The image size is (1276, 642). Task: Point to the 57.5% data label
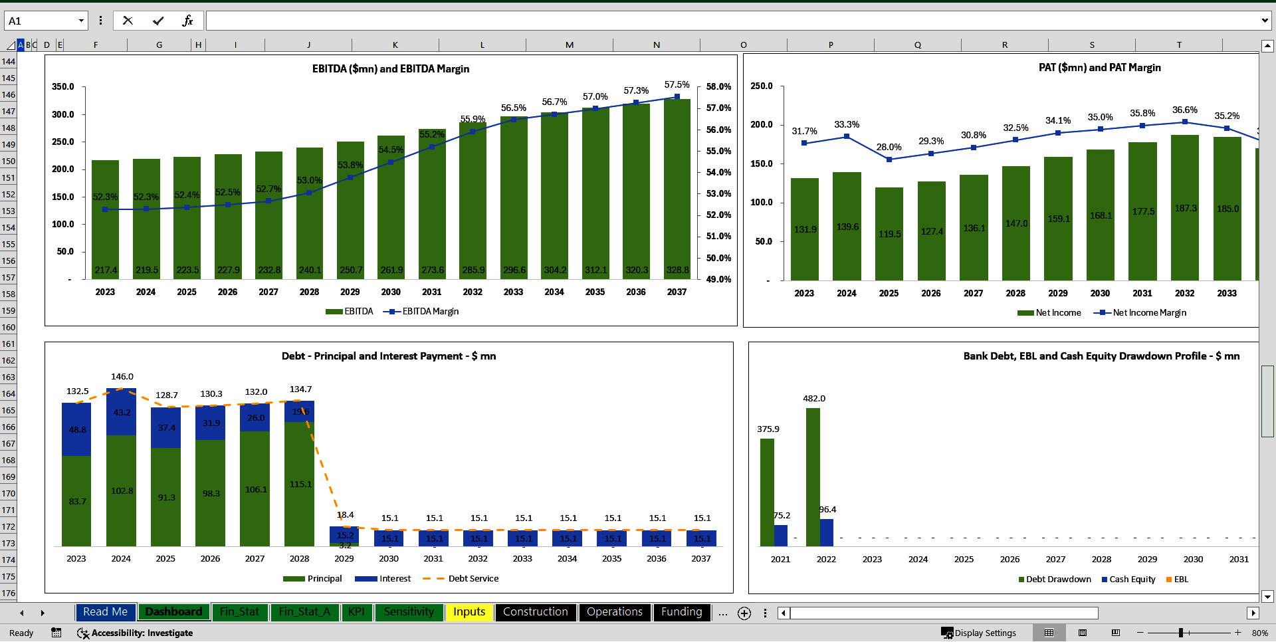(x=677, y=85)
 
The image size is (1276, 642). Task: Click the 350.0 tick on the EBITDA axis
(x=63, y=87)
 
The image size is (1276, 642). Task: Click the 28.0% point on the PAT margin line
(x=889, y=160)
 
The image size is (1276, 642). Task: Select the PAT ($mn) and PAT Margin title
(x=1099, y=68)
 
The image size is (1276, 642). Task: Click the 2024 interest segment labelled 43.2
(x=122, y=412)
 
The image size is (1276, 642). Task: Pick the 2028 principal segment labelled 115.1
(x=299, y=484)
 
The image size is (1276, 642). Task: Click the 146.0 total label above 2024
(x=122, y=377)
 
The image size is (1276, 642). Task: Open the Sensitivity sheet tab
(x=409, y=612)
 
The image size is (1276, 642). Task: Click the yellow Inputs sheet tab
(x=469, y=612)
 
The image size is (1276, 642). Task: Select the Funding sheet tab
(x=681, y=612)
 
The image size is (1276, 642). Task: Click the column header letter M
(x=570, y=45)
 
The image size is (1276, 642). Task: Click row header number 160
(x=8, y=328)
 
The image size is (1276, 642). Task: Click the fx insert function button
(x=187, y=21)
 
